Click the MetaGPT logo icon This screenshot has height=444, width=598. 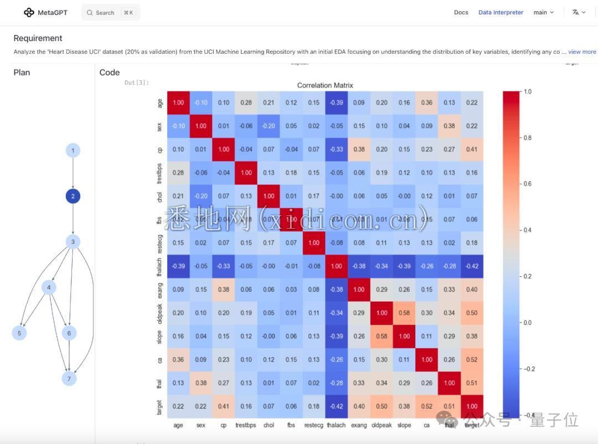(x=29, y=12)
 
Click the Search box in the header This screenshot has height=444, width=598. (x=110, y=12)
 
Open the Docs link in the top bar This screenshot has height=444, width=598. (x=461, y=12)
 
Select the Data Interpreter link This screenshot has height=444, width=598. (x=501, y=12)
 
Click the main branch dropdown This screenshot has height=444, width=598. (x=543, y=12)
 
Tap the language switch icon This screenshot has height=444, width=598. (x=579, y=12)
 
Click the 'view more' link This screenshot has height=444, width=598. (x=582, y=52)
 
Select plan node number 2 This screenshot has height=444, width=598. (x=73, y=196)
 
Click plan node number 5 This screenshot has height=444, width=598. (x=19, y=333)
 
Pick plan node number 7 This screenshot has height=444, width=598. (x=69, y=379)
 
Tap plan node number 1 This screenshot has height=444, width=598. (x=73, y=150)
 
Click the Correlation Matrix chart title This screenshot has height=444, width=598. (x=325, y=85)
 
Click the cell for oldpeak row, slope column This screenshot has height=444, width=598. (x=404, y=313)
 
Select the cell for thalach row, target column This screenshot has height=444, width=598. (x=472, y=266)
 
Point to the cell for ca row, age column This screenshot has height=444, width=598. (x=178, y=359)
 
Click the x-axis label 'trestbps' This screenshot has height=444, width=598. (x=246, y=425)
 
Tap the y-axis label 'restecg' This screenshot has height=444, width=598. (x=159, y=242)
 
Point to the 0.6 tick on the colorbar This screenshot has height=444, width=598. (x=528, y=184)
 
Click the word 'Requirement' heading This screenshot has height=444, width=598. (x=38, y=38)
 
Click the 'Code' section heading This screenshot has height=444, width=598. (x=110, y=73)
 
